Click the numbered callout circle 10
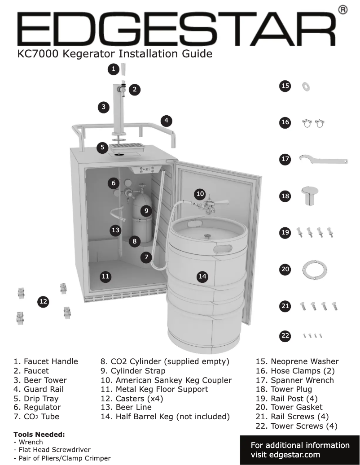tap(200, 194)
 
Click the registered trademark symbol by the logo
tap(342, 10)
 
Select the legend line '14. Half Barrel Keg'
tap(165, 417)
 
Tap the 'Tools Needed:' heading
tap(40, 435)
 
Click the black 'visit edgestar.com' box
tap(300, 450)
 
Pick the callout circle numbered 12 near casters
tap(43, 302)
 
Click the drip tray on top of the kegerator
tap(128, 148)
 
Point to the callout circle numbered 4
tap(166, 120)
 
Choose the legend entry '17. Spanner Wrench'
tap(294, 380)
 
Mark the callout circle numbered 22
tap(285, 335)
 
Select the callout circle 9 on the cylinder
tap(146, 210)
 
